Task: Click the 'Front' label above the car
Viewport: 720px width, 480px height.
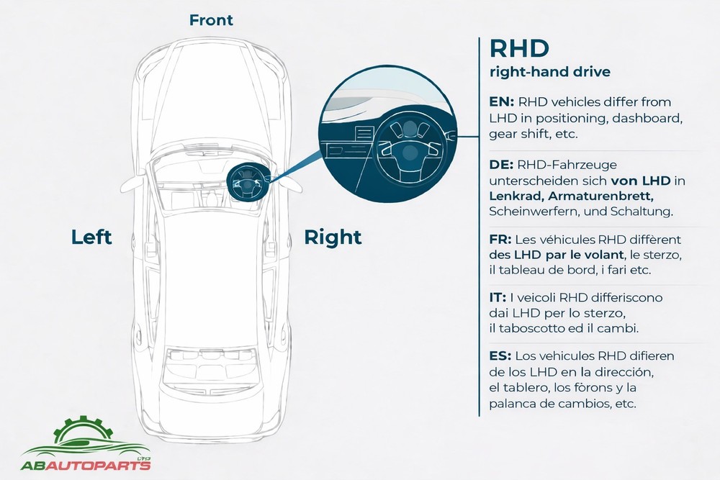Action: pyautogui.click(x=211, y=20)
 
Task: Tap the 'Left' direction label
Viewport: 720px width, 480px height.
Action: pyautogui.click(x=91, y=237)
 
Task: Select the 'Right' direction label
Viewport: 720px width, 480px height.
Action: pyautogui.click(x=333, y=237)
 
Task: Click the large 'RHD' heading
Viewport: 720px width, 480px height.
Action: pyautogui.click(x=519, y=49)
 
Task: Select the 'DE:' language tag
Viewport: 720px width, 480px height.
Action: pyautogui.click(x=502, y=165)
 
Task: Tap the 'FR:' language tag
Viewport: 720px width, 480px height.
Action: pyautogui.click(x=501, y=239)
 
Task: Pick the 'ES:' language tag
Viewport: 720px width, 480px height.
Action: pyautogui.click(x=501, y=356)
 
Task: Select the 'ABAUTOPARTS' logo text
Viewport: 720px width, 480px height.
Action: pyautogui.click(x=87, y=465)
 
